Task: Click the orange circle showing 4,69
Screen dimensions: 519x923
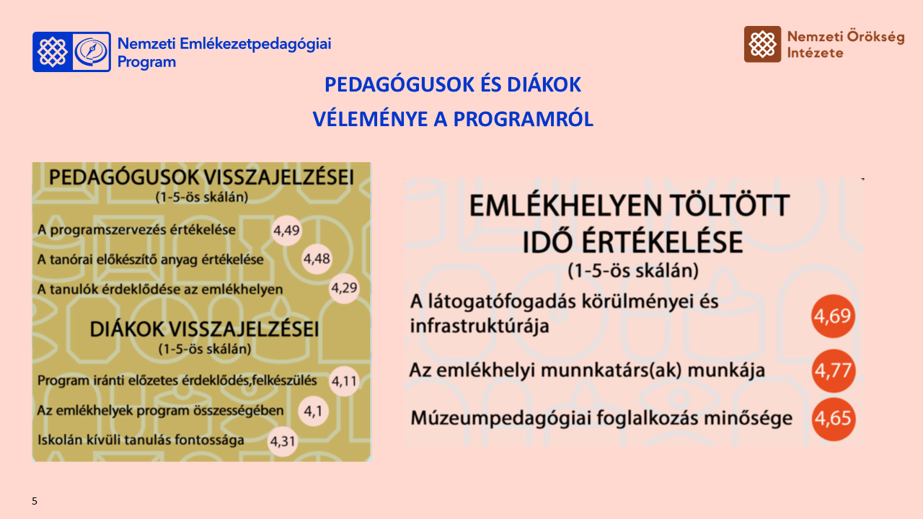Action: [833, 317]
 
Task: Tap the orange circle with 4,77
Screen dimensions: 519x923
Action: [833, 371]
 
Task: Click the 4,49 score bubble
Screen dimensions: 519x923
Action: [286, 231]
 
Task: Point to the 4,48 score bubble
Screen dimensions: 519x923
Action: [317, 259]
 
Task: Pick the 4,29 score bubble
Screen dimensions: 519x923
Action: [344, 288]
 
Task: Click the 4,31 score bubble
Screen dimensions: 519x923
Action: [282, 440]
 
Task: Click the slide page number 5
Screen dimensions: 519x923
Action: [35, 501]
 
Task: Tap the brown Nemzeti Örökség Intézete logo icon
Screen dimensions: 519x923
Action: [762, 45]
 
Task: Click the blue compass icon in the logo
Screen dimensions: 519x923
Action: [92, 51]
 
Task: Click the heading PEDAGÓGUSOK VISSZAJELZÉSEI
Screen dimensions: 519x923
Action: [202, 178]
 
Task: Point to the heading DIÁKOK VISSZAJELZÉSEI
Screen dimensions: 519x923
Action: [204, 330]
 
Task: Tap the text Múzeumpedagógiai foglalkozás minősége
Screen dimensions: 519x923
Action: [601, 419]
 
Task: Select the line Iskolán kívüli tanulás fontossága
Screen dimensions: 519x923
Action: [141, 440]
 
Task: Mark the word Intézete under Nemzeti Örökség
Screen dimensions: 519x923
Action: [815, 53]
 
